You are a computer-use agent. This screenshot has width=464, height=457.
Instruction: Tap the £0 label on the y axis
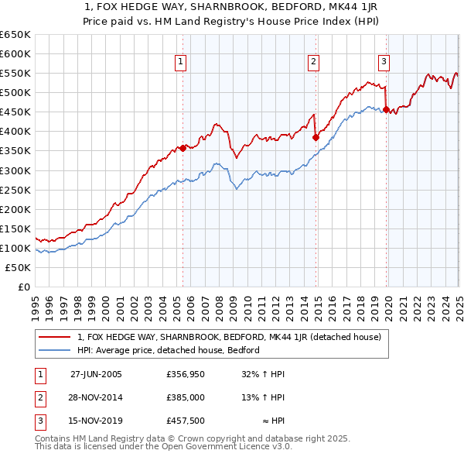(23, 287)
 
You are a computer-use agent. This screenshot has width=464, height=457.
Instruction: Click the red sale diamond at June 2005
(183, 148)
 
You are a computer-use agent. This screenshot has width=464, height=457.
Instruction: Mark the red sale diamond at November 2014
(316, 137)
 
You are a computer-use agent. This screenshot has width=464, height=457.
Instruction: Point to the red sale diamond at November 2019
(386, 109)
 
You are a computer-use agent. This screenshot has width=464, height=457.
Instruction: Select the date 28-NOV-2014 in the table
(96, 398)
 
